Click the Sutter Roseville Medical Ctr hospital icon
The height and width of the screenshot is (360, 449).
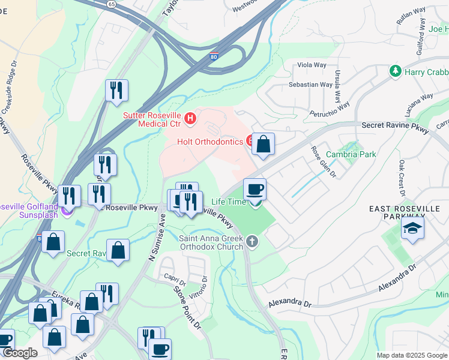(190, 118)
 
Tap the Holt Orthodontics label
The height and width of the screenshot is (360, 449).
(210, 142)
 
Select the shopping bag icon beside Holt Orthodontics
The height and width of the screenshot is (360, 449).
(263, 144)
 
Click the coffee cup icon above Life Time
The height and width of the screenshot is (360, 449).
(255, 190)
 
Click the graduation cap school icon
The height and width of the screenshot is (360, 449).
(412, 228)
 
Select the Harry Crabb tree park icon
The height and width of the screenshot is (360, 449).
(395, 71)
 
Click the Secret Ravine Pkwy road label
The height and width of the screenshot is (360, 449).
(396, 125)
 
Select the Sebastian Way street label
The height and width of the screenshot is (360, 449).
(310, 85)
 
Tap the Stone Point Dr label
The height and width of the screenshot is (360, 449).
(187, 308)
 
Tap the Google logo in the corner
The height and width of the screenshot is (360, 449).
(20, 353)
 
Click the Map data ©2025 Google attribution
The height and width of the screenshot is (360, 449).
(411, 355)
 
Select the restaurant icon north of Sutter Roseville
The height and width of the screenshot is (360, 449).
(116, 91)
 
